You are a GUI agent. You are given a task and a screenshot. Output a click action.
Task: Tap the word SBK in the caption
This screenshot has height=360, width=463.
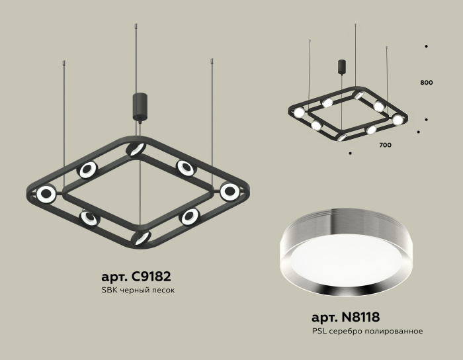click(x=108, y=291)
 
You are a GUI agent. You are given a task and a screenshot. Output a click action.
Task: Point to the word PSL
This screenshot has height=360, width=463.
click(x=318, y=331)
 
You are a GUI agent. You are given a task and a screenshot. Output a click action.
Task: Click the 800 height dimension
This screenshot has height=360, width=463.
click(x=426, y=83)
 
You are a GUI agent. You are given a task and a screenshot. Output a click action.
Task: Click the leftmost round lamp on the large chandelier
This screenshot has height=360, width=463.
click(x=46, y=194)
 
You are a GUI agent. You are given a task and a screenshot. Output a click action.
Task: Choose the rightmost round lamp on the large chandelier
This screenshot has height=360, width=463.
click(x=230, y=192)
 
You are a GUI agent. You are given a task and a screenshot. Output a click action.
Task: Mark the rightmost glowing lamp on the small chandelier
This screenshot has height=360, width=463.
click(x=397, y=120)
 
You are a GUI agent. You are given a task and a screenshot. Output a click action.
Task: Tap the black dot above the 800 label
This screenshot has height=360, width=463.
click(x=426, y=46)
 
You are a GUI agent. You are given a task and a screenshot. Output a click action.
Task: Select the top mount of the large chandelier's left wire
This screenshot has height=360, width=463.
click(x=64, y=63)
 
